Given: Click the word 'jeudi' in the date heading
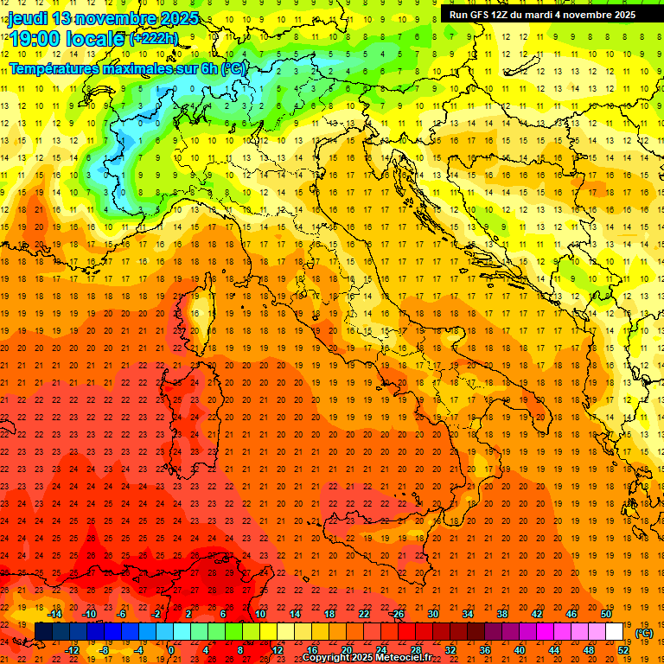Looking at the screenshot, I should pos(28,18).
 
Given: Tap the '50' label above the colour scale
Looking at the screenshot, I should pos(606,614).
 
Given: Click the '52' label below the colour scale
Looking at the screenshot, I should pos(623,650).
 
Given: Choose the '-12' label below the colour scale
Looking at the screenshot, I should pos(72,650).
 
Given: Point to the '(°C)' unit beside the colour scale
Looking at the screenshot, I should pos(645,634).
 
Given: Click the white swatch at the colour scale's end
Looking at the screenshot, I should pos(615,632).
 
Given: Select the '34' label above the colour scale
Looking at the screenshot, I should pos(467,614).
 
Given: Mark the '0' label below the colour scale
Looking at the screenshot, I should pos(171,650).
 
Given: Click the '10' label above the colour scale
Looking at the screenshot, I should pos(259,614).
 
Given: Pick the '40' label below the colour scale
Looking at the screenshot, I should pos(519,650).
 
